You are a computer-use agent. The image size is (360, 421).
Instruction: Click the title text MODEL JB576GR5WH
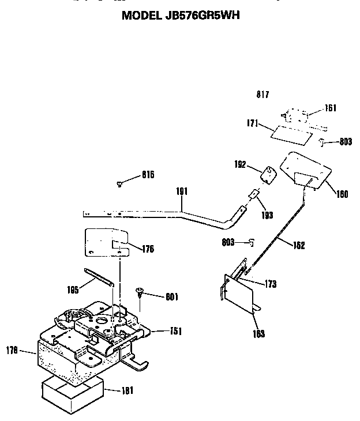click(180, 16)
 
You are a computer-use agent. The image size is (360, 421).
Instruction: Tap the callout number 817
click(263, 95)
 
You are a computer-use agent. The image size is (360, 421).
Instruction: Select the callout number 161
click(331, 108)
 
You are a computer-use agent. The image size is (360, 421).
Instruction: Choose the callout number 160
click(342, 194)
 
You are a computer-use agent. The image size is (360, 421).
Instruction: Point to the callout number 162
click(299, 245)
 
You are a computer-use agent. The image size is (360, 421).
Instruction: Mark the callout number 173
click(270, 284)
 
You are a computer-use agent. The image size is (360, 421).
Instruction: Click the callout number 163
click(259, 334)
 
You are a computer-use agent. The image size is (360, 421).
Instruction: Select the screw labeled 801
click(140, 294)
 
